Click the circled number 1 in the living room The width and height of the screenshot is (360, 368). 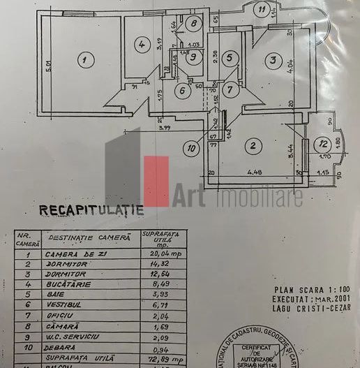click(84, 61)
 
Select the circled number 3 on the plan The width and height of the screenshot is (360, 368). click(271, 61)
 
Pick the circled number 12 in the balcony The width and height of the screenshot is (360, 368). click(322, 145)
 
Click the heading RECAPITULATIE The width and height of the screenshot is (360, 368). click(91, 208)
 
